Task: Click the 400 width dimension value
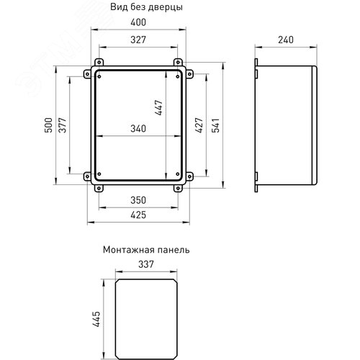[138, 22]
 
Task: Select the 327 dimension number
[138, 40]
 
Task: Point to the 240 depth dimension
[286, 40]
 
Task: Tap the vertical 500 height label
[48, 125]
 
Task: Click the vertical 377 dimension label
[63, 125]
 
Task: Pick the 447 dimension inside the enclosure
[158, 108]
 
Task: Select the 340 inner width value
[138, 129]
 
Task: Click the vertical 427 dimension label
[199, 125]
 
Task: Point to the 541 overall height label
[215, 125]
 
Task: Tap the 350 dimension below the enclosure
[138, 200]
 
